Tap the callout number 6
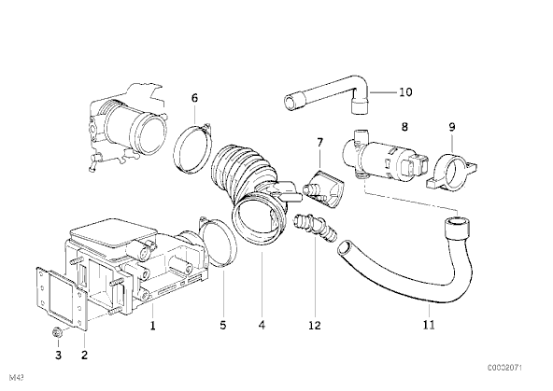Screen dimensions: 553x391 (x=194, y=98)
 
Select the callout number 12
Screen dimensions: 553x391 (x=315, y=326)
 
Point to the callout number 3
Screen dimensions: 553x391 (x=58, y=355)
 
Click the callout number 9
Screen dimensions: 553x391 (x=452, y=127)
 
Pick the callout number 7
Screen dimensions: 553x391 (x=319, y=143)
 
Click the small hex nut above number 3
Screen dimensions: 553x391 (x=56, y=332)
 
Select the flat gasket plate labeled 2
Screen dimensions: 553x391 (x=62, y=300)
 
